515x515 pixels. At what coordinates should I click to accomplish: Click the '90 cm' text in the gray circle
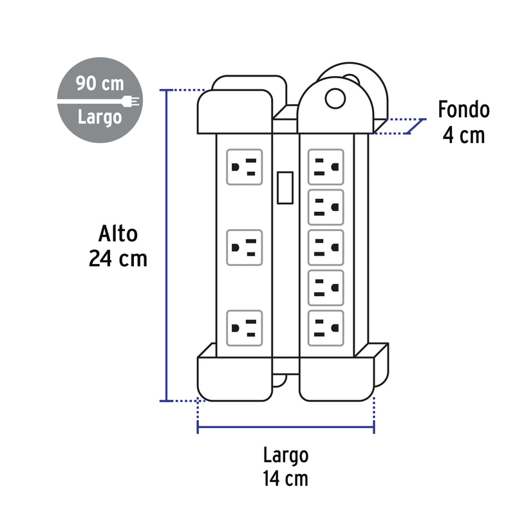point(100,84)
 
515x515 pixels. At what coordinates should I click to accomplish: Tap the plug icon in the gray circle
point(131,101)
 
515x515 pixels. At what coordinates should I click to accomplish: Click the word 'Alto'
point(118,234)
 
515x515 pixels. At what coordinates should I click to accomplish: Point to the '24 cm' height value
point(118,259)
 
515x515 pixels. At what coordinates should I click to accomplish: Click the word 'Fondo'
point(464,109)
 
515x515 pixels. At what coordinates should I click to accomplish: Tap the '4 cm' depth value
point(464,135)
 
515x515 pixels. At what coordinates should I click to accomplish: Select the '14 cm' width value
point(285,478)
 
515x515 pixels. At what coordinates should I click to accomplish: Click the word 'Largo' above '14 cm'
point(286,456)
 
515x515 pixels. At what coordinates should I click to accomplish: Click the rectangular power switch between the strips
point(285,187)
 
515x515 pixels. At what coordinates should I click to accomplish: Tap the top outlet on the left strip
point(245,167)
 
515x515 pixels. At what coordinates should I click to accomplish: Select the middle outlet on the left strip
point(245,247)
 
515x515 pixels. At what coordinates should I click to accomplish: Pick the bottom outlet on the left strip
point(245,328)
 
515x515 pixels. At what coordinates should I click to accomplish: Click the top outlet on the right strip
point(326,167)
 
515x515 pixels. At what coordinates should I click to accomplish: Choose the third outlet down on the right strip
point(326,247)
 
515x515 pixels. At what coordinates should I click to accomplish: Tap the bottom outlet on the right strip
point(326,328)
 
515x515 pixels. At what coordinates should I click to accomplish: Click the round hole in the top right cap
point(335,98)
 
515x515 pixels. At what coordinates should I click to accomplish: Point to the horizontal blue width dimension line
point(286,427)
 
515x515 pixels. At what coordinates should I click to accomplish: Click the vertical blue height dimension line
point(167,245)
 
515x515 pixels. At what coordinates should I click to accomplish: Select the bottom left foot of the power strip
point(235,379)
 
